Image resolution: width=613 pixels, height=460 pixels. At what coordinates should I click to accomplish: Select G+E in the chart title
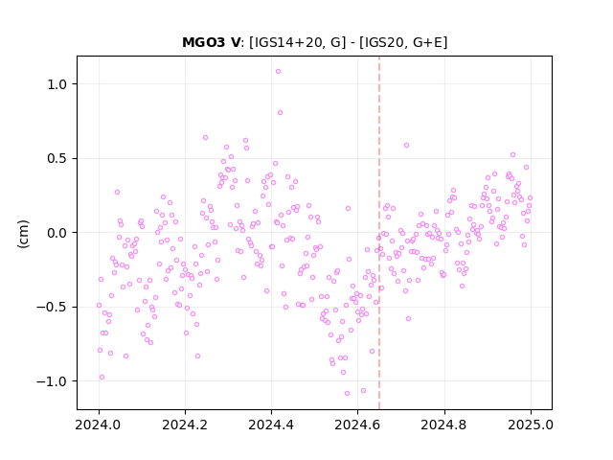click(427, 42)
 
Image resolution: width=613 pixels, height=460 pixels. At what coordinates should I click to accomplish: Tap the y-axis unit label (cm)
click(23, 234)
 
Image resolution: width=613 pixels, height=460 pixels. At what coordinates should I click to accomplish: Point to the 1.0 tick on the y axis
click(57, 84)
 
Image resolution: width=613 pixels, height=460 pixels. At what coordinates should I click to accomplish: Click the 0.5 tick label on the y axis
click(57, 158)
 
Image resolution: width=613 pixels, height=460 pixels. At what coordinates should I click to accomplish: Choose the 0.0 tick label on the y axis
click(57, 233)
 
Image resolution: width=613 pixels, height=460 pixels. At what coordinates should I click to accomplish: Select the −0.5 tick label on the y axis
click(52, 307)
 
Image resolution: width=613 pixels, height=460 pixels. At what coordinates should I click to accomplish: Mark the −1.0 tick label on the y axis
click(52, 381)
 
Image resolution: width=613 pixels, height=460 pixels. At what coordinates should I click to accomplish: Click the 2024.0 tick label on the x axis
click(99, 425)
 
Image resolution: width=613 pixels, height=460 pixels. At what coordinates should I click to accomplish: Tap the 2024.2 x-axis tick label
click(185, 425)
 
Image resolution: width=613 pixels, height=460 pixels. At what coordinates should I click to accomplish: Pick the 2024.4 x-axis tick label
click(271, 425)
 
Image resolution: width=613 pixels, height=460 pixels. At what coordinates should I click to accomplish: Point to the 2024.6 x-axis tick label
click(357, 425)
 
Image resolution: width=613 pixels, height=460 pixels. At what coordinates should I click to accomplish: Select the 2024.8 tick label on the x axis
click(443, 425)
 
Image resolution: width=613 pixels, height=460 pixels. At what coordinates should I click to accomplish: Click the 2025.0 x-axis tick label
click(531, 425)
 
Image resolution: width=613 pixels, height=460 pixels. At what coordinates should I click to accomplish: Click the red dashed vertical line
click(379, 233)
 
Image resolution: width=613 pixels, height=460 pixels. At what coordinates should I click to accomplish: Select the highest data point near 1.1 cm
click(278, 72)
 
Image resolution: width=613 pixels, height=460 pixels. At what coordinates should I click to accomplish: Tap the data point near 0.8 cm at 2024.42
click(280, 113)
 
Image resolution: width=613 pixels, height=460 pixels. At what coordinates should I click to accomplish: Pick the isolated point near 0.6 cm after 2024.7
click(406, 145)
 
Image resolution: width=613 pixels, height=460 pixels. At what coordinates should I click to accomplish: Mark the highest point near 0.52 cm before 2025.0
click(513, 155)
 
